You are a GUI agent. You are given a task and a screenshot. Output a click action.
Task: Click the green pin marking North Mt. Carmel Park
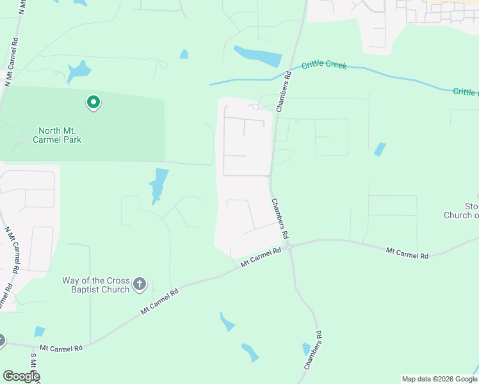point(93,102)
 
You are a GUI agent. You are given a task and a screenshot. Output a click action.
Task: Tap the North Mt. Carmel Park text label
point(59,135)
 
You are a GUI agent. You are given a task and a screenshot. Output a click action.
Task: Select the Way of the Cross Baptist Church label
point(96,285)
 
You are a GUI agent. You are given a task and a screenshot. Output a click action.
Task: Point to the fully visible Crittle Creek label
point(324,65)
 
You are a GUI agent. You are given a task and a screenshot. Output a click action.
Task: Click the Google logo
point(21,376)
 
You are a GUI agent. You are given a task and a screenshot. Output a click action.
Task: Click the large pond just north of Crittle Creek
point(257,56)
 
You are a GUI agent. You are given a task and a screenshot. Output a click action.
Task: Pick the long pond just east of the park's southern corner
point(158,185)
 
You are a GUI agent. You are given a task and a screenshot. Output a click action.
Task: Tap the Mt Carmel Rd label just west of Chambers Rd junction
point(261,257)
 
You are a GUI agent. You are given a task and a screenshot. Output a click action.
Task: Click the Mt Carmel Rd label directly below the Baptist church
point(160,301)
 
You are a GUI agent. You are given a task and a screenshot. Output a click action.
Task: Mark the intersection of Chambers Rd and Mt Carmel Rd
point(289,246)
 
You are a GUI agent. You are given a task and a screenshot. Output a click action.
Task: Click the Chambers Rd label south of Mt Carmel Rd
point(313,350)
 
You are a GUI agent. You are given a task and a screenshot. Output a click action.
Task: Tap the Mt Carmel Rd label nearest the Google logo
point(61,348)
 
